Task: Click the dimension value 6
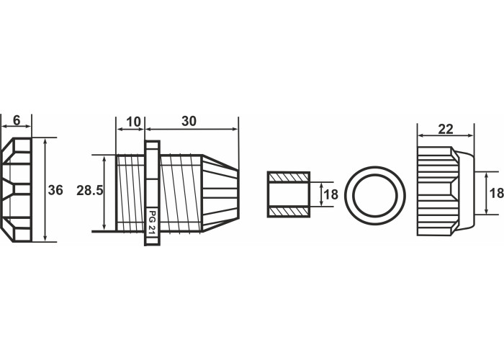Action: click(17, 120)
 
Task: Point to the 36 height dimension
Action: click(55, 190)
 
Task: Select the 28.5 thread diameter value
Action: click(89, 191)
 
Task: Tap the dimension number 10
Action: click(133, 122)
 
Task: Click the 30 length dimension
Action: click(189, 121)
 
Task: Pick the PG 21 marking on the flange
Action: click(151, 222)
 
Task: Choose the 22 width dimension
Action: click(446, 129)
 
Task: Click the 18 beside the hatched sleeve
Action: click(330, 195)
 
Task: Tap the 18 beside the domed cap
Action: click(497, 193)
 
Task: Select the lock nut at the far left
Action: click(16, 189)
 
